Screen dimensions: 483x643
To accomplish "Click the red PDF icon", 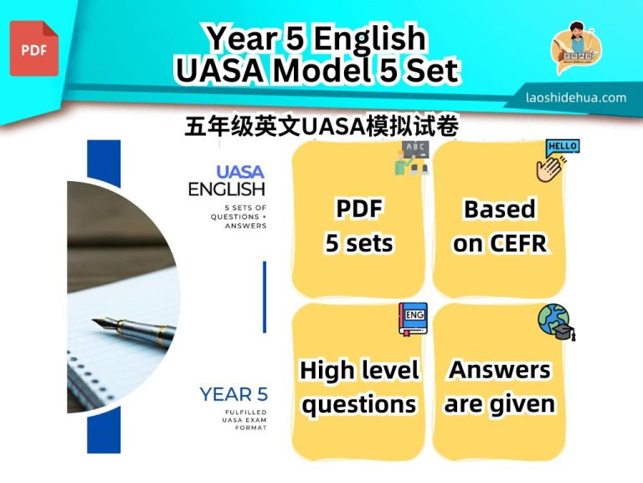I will click(x=34, y=49).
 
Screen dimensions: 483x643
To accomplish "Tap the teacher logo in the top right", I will click(x=575, y=49).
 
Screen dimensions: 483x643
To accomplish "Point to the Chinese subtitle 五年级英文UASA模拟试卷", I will click(x=321, y=125).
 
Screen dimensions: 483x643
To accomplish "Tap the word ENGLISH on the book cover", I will click(x=226, y=190).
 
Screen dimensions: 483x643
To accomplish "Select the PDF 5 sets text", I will click(x=358, y=226).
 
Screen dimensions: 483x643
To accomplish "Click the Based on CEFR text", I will click(x=499, y=226).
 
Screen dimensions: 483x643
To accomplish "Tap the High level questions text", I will click(x=358, y=387).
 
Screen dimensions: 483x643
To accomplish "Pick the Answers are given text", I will click(x=499, y=387).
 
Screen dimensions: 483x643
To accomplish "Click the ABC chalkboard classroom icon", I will click(x=412, y=158).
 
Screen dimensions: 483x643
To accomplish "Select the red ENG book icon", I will click(x=412, y=319).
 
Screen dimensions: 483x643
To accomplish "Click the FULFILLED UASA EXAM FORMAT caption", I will click(x=238, y=419).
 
